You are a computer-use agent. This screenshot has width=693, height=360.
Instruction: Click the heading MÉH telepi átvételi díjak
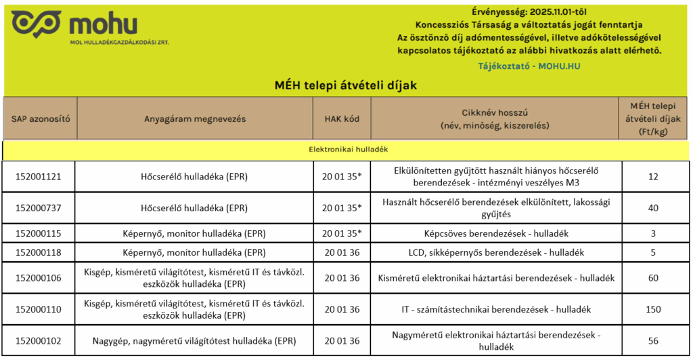pyautogui.click(x=346, y=85)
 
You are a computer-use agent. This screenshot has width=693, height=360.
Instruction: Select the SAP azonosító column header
pyautogui.click(x=41, y=118)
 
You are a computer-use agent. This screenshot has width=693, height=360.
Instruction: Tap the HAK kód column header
pyautogui.click(x=342, y=118)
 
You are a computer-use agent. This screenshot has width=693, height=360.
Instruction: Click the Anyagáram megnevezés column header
pyautogui.click(x=195, y=118)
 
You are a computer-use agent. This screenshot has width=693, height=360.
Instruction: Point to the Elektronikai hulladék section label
pyautogui.click(x=346, y=149)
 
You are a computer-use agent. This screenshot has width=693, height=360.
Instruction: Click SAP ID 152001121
pyautogui.click(x=39, y=177)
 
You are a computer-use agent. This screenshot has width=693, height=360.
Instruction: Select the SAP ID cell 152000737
pyautogui.click(x=39, y=208)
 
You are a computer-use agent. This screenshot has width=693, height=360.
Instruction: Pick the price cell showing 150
pyautogui.click(x=653, y=309)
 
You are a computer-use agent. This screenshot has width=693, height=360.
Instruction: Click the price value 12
pyautogui.click(x=653, y=177)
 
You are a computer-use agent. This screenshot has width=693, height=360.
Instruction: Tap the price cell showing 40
pyautogui.click(x=653, y=208)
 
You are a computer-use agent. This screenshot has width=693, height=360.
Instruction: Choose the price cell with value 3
pyautogui.click(x=653, y=233)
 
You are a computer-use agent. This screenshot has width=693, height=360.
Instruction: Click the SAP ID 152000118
pyautogui.click(x=39, y=252)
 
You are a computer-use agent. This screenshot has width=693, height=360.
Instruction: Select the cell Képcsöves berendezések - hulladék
pyautogui.click(x=496, y=233)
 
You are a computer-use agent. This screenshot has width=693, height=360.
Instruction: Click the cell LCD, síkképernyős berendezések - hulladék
pyautogui.click(x=496, y=252)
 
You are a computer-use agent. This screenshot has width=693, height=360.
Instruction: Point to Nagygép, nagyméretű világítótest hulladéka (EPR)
pyautogui.click(x=194, y=340)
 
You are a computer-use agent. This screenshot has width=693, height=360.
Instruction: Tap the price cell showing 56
pyautogui.click(x=653, y=340)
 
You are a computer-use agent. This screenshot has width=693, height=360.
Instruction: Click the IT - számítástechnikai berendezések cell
pyautogui.click(x=496, y=309)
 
